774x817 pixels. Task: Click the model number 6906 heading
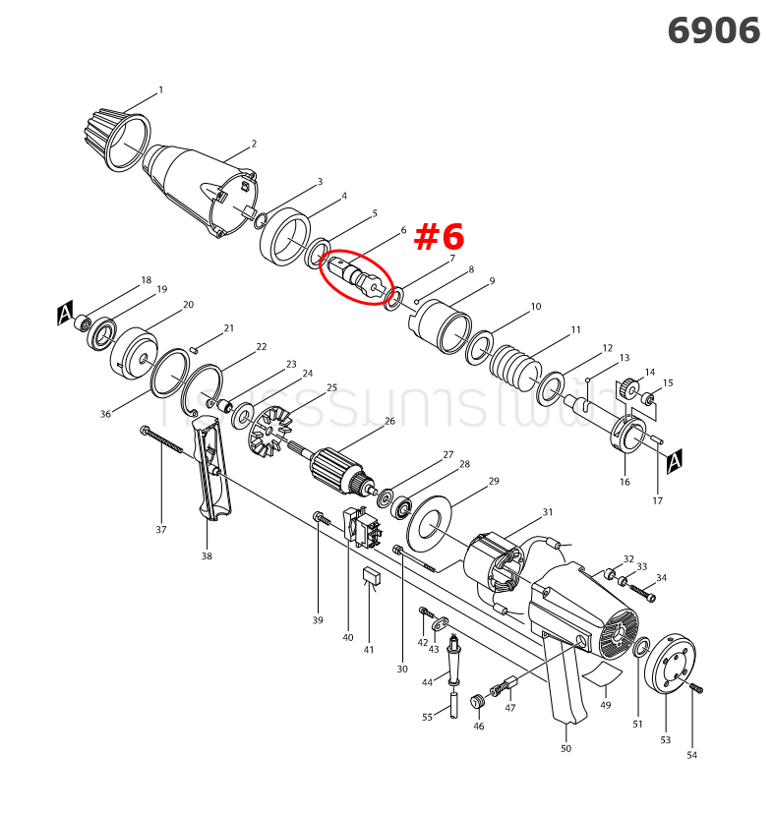coord(713,30)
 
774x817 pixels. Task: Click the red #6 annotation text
coord(438,237)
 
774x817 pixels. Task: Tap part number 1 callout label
coord(160,90)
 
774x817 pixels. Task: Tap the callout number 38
coord(207,555)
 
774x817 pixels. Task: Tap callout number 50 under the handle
coord(566,748)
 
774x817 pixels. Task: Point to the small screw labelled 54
coord(696,688)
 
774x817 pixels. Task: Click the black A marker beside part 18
coord(65,315)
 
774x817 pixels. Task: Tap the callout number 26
coord(389,421)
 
